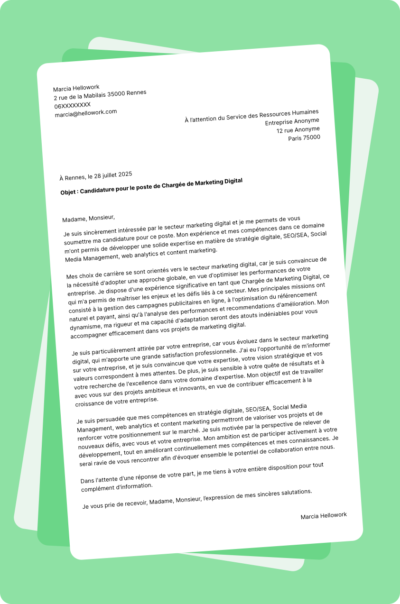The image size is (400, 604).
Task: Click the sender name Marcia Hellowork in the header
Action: click(x=76, y=88)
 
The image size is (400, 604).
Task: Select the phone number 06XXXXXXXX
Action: click(x=73, y=105)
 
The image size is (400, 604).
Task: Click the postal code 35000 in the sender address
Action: click(x=116, y=94)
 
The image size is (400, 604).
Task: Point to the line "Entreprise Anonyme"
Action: click(x=292, y=121)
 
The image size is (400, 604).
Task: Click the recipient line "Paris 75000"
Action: click(x=304, y=138)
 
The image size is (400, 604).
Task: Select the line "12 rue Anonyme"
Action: click(x=298, y=129)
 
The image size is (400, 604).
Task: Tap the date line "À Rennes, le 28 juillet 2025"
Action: click(x=96, y=176)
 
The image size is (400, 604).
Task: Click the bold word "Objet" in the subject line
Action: click(x=69, y=192)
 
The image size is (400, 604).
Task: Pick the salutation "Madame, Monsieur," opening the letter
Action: click(x=89, y=218)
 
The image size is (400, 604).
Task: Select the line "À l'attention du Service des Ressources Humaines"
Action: click(x=251, y=116)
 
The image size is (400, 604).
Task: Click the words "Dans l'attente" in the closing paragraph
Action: click(x=99, y=480)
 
